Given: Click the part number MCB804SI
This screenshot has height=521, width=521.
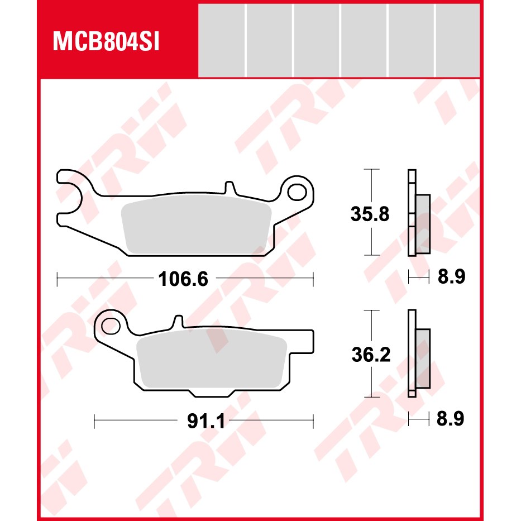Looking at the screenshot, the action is (x=106, y=42).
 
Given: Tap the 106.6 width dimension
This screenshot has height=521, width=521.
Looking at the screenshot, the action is (x=183, y=279).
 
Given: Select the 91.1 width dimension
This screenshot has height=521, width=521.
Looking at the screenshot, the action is (x=206, y=421).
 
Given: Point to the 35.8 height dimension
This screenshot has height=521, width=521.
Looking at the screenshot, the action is (x=370, y=214).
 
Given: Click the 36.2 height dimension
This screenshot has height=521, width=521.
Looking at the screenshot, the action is (x=371, y=355).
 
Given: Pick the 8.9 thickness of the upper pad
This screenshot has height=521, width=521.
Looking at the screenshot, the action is (x=451, y=276).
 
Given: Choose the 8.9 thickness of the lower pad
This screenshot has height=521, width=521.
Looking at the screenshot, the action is (x=450, y=419).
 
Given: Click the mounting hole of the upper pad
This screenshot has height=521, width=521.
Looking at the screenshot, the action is (x=297, y=193).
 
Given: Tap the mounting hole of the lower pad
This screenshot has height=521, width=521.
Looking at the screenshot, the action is (x=111, y=326).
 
